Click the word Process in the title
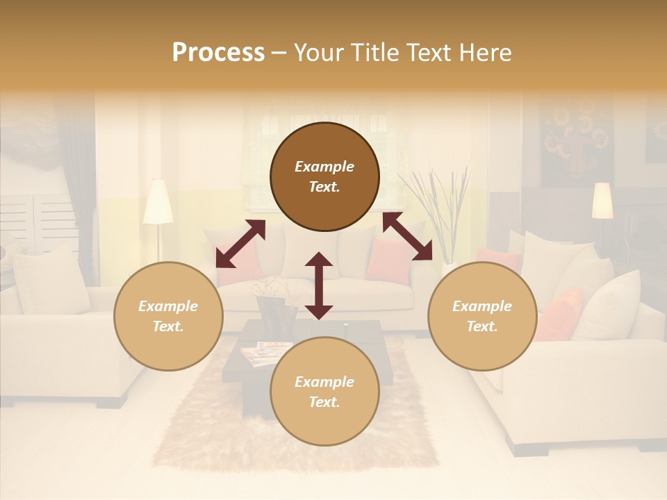click(x=218, y=53)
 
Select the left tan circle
click(x=168, y=316)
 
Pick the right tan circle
click(x=481, y=316)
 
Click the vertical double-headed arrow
click(x=319, y=285)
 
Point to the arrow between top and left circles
click(x=240, y=244)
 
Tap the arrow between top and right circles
click(x=407, y=236)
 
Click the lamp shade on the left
click(x=158, y=203)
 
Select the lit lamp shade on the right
click(x=602, y=200)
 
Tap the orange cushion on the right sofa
click(x=559, y=314)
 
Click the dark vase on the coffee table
click(x=276, y=316)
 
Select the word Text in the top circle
click(x=324, y=187)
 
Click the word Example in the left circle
click(x=168, y=306)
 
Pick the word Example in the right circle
click(x=481, y=306)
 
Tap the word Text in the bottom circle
click(x=324, y=402)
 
